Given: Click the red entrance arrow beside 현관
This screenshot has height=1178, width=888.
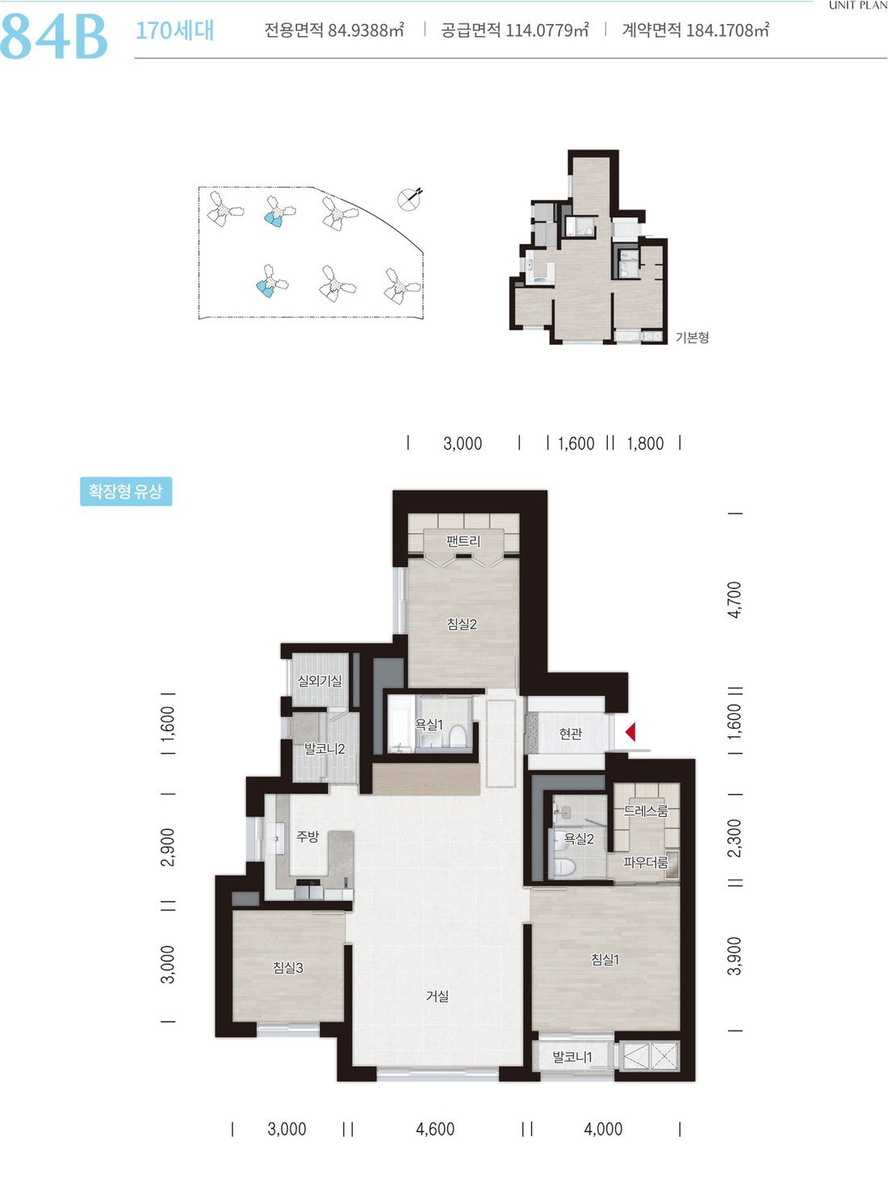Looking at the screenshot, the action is tap(630, 731).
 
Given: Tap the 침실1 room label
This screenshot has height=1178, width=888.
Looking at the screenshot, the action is tap(605, 959).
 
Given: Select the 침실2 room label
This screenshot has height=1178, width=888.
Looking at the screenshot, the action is tap(462, 624).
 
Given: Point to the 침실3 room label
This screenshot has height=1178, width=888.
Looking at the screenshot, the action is tap(288, 967).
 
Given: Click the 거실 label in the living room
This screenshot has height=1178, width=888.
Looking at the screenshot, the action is tap(437, 996).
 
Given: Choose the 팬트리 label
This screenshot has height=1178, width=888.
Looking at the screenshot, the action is tap(463, 541).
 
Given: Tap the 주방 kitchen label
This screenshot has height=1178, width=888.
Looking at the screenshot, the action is tap(308, 836).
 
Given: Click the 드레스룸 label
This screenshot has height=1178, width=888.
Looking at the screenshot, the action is tap(646, 810).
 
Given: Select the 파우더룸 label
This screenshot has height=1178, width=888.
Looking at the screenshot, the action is tap(646, 862).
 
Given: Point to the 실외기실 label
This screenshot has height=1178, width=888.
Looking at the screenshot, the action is tap(320, 681).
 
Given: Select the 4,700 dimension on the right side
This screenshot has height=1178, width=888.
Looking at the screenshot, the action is tap(735, 600).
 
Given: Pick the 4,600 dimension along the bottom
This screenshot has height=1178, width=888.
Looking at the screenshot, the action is tap(435, 1129).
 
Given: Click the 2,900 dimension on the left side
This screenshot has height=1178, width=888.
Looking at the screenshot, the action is tap(168, 848).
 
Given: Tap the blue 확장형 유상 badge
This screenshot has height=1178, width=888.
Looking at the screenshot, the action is tap(126, 491).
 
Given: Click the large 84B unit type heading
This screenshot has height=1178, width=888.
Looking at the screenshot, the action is tap(53, 36).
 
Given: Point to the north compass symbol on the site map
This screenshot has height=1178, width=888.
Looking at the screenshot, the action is tap(410, 198).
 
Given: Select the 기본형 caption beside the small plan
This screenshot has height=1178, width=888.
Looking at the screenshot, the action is tap(693, 337).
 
